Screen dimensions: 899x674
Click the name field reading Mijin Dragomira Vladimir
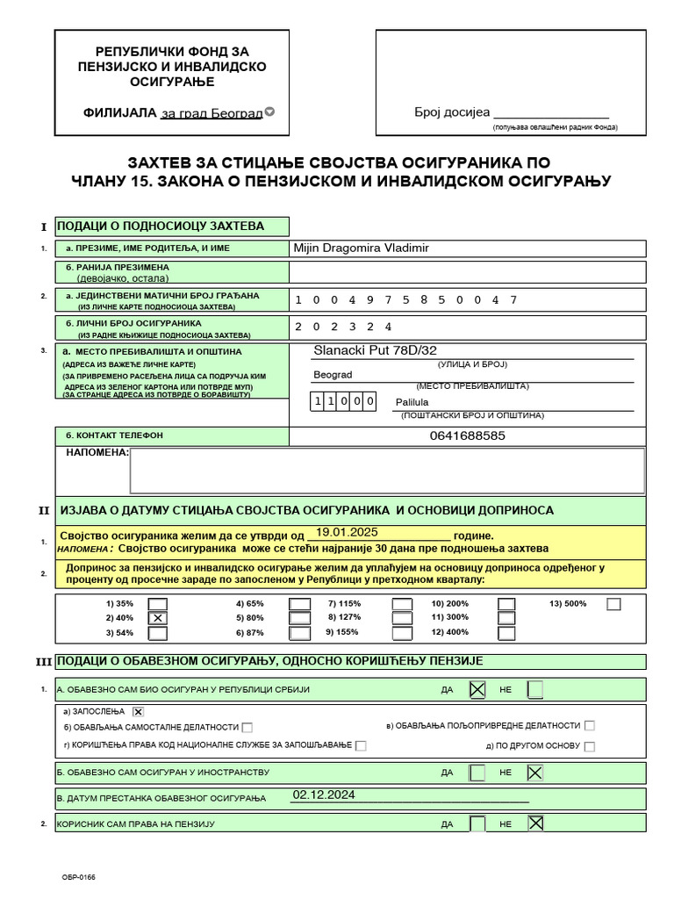click(362, 248)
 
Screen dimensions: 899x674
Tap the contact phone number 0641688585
click(468, 435)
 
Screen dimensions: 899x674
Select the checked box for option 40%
click(158, 618)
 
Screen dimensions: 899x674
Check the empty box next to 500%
click(613, 604)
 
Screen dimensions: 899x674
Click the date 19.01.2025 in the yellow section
click(347, 532)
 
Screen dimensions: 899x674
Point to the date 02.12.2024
click(324, 795)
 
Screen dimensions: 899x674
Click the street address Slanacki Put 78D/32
click(375, 351)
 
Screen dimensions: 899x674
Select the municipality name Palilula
click(412, 402)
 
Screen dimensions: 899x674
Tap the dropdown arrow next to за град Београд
click(269, 111)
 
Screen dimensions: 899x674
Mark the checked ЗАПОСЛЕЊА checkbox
click(138, 711)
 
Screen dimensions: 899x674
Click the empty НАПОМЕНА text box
click(386, 471)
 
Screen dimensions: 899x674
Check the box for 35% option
click(158, 604)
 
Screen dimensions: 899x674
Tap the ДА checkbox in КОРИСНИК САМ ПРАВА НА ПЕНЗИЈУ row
click(477, 823)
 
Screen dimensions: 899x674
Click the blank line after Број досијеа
click(551, 112)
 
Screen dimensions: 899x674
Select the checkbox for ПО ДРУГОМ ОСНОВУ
click(589, 746)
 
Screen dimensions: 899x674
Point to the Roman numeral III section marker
click(44, 662)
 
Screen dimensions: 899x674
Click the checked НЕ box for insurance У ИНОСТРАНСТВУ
click(534, 773)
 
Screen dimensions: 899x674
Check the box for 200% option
click(506, 604)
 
